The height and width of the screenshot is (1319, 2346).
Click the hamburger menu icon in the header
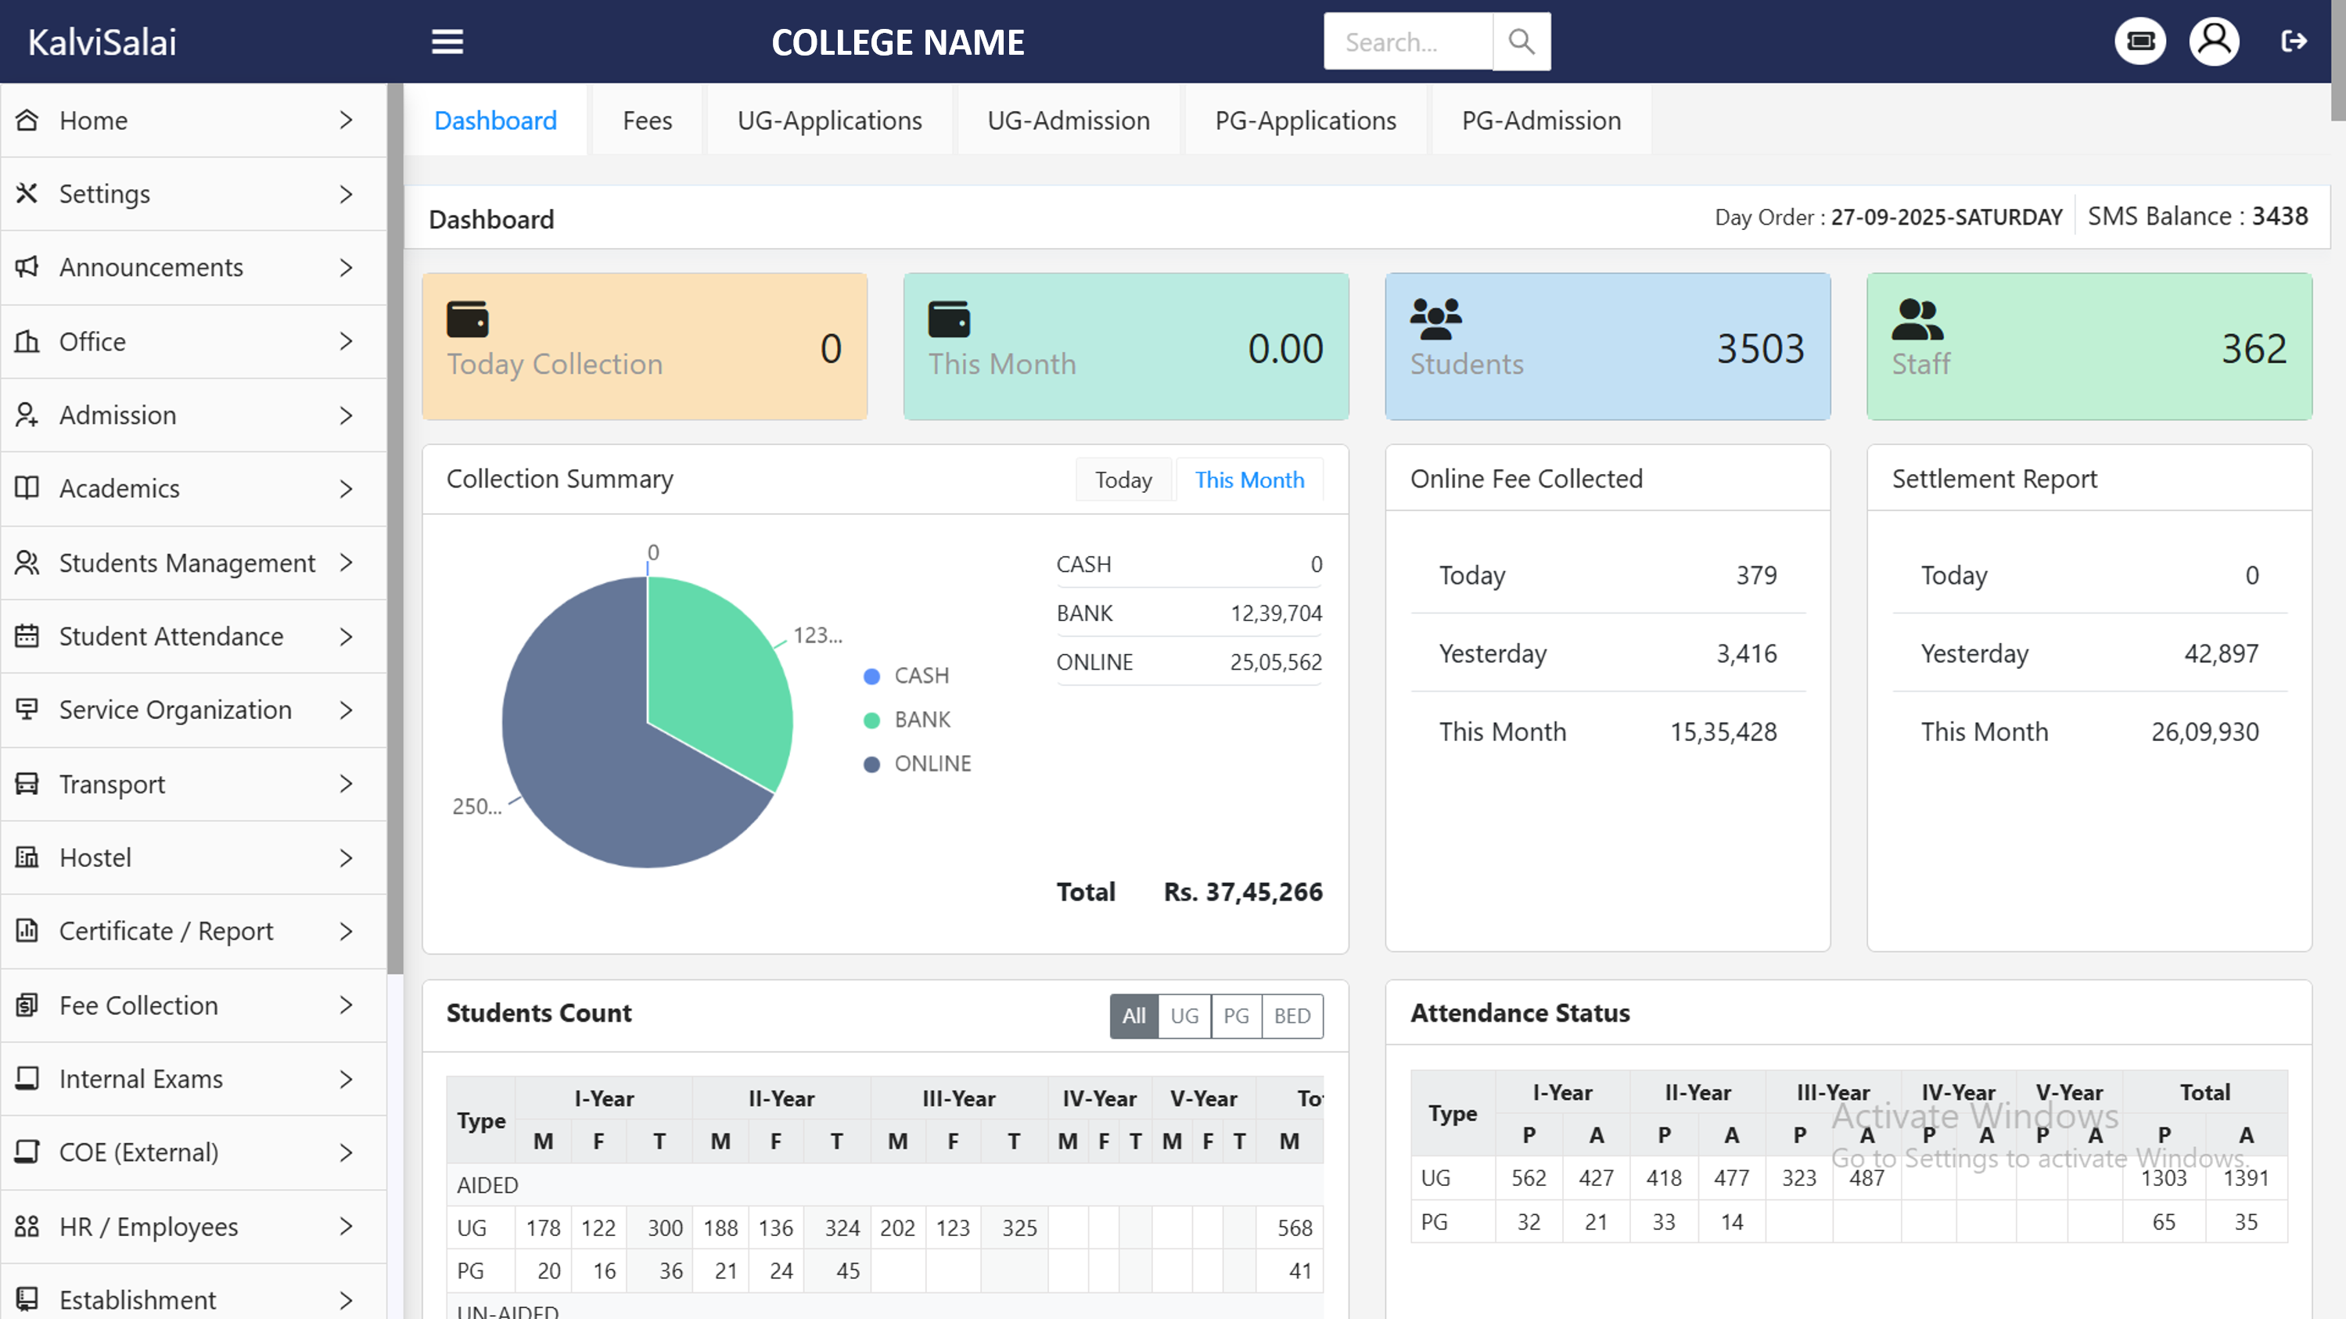pyautogui.click(x=447, y=42)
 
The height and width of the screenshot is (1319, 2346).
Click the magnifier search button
pyautogui.click(x=1521, y=42)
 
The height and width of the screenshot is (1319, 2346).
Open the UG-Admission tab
pyautogui.click(x=1069, y=120)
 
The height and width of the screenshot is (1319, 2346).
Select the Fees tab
pyautogui.click(x=648, y=120)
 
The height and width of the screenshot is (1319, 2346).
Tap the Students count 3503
pyautogui.click(x=1760, y=349)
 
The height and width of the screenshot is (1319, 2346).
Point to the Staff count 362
pyautogui.click(x=2253, y=349)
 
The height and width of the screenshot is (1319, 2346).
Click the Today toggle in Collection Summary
pyautogui.click(x=1123, y=480)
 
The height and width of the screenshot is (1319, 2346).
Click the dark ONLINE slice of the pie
pyautogui.click(x=601, y=775)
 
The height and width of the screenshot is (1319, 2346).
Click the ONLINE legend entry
pyautogui.click(x=931, y=764)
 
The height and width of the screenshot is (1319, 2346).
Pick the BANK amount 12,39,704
pyautogui.click(x=1275, y=614)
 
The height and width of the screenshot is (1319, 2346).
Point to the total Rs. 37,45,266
pyautogui.click(x=1242, y=892)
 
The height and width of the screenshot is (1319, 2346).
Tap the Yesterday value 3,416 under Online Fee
pyautogui.click(x=1746, y=654)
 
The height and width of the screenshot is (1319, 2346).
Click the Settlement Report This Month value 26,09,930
pyautogui.click(x=2204, y=732)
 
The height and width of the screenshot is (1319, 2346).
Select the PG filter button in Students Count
pyautogui.click(x=1236, y=1015)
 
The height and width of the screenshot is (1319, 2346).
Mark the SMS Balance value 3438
pyautogui.click(x=2280, y=217)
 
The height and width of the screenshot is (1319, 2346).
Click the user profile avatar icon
pyautogui.click(x=2214, y=42)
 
